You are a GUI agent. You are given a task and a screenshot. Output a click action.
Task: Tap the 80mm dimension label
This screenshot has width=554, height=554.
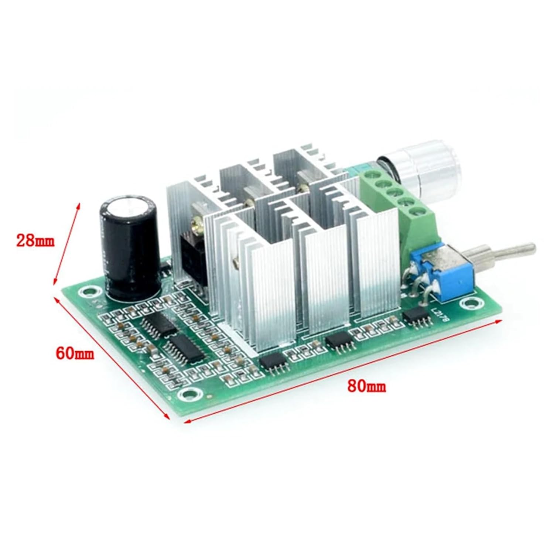(366, 386)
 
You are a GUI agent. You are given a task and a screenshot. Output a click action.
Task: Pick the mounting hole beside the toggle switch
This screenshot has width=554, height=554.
(466, 304)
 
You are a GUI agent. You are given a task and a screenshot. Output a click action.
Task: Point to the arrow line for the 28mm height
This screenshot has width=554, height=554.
(66, 244)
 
